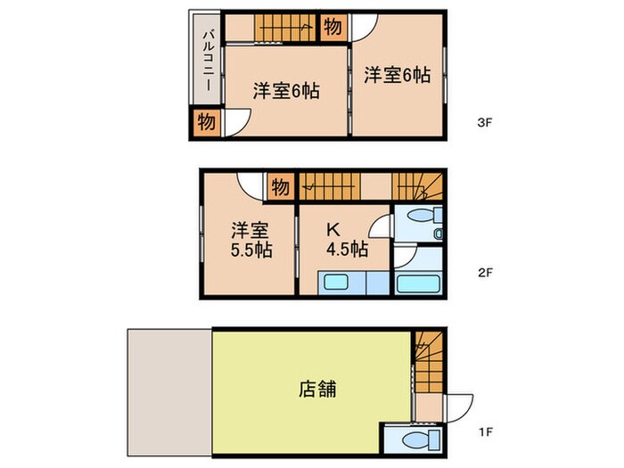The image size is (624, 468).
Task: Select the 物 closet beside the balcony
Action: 205,121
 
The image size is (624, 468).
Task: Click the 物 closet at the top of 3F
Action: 332,28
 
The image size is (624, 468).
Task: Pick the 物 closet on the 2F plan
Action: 279,187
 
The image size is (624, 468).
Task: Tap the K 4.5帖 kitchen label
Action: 343,238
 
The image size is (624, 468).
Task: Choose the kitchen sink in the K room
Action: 338,283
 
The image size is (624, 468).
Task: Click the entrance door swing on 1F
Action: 460,407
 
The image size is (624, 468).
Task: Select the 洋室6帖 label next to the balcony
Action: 285,90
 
